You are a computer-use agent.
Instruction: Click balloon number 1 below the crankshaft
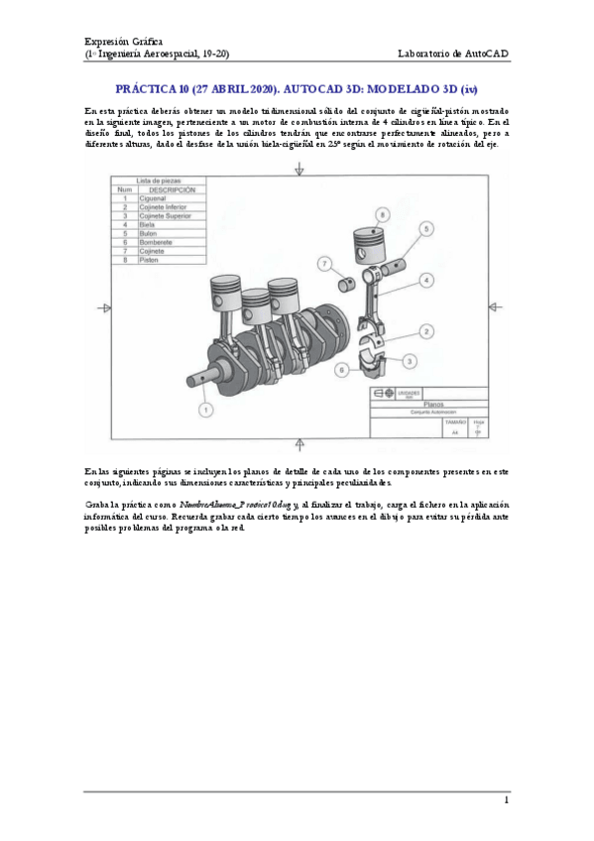pos(204,409)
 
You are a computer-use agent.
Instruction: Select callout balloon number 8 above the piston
pos(381,213)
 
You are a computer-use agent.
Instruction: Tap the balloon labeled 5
pos(425,228)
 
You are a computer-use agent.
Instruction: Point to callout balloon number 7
pos(324,263)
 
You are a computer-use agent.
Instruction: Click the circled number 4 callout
pos(425,281)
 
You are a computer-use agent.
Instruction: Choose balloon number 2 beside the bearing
pos(425,331)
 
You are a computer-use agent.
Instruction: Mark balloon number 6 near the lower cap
pos(341,369)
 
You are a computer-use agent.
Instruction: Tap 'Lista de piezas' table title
pos(155,180)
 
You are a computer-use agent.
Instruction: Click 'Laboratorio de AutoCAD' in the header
pos(452,53)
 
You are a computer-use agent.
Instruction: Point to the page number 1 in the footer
pos(506,799)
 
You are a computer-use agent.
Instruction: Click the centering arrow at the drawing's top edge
pos(299,173)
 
